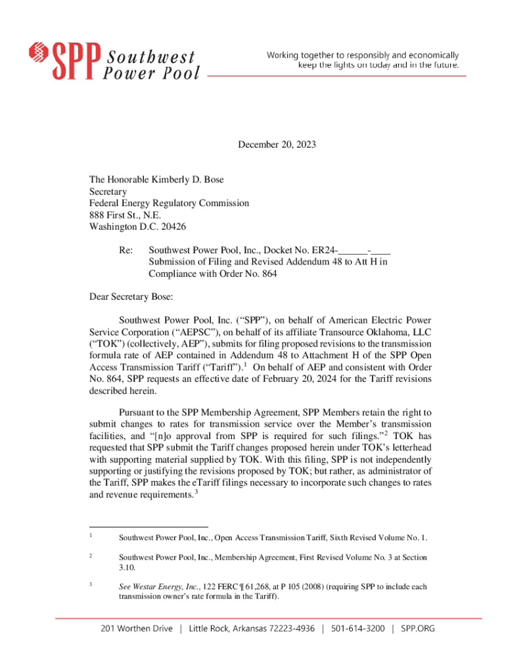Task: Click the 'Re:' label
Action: point(126,251)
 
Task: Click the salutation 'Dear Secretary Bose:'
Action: point(131,297)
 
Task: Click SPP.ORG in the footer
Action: point(417,629)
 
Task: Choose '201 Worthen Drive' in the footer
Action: point(137,629)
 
